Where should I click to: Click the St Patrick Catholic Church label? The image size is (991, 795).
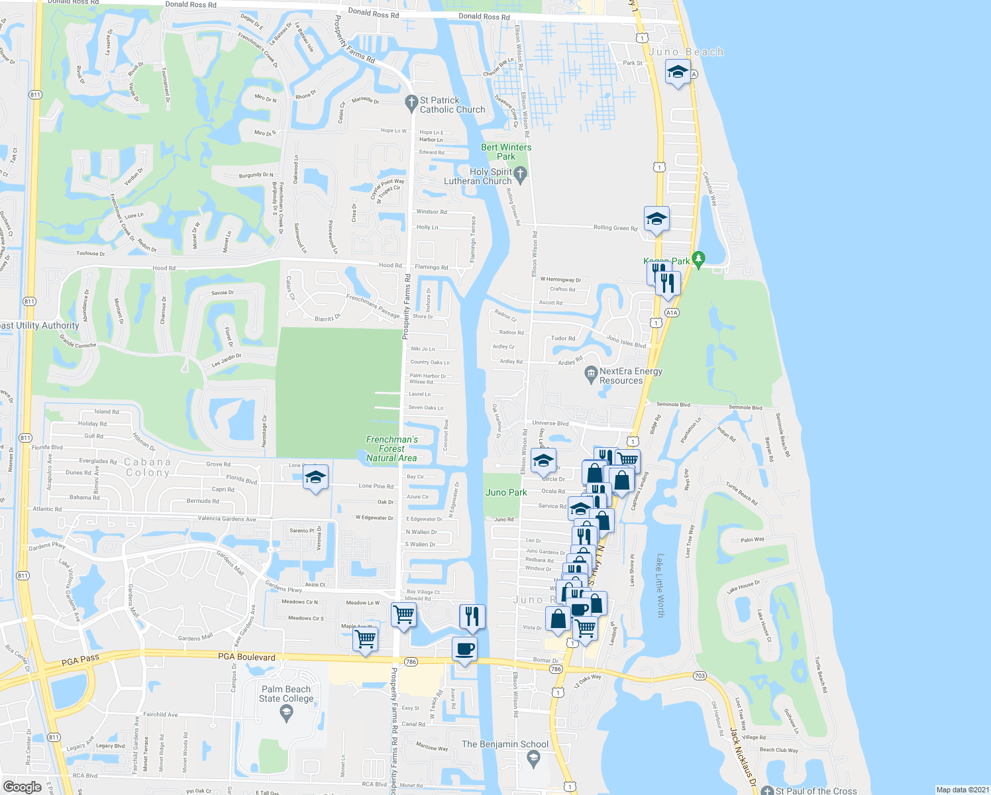click(x=452, y=105)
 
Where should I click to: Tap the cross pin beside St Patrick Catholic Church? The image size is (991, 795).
click(x=411, y=102)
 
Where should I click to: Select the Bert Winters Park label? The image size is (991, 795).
click(x=506, y=152)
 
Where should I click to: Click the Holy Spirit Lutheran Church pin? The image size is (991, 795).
click(x=520, y=174)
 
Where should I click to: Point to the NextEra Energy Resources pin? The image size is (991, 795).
click(x=591, y=375)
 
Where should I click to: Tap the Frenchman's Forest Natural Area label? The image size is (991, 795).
click(x=391, y=449)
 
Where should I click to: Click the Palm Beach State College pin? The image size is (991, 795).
click(x=286, y=712)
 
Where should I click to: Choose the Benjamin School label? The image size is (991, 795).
click(x=505, y=744)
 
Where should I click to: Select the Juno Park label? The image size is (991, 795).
click(x=506, y=492)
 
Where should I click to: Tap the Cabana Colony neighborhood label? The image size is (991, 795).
click(x=148, y=467)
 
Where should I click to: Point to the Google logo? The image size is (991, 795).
click(x=23, y=786)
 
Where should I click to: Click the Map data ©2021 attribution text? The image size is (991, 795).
click(x=962, y=790)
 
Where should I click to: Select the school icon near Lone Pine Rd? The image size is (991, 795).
click(x=315, y=477)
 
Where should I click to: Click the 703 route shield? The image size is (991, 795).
click(x=700, y=676)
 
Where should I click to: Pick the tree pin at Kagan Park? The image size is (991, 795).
click(x=698, y=258)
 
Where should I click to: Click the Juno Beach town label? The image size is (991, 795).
click(x=686, y=52)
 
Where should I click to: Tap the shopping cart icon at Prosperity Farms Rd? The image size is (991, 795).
click(x=403, y=615)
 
